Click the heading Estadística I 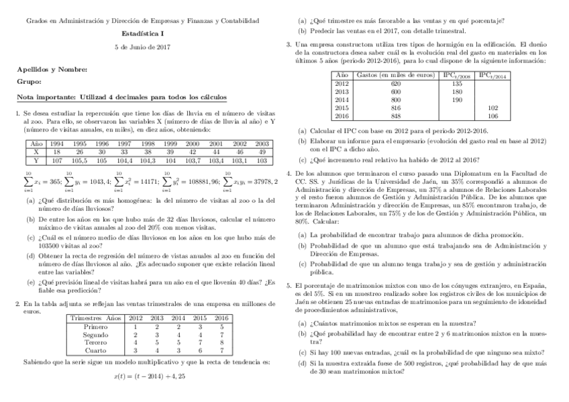142,33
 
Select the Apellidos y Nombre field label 52,69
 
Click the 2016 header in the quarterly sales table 221,317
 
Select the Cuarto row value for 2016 221,350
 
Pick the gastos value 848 395,115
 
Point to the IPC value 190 457,99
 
